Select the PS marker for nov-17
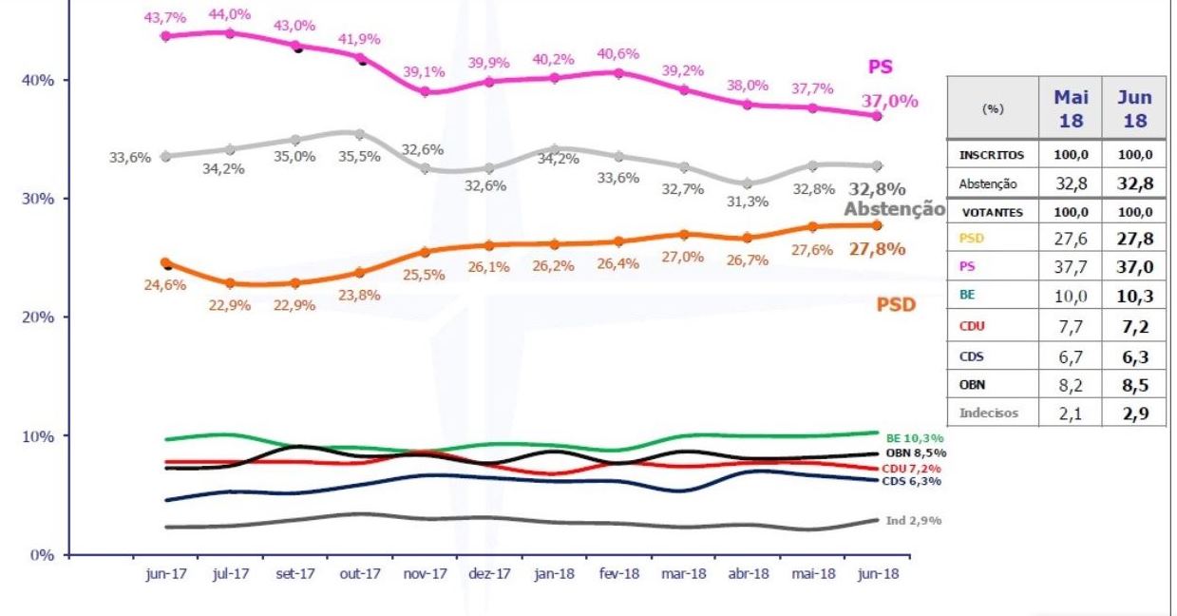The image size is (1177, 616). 425,91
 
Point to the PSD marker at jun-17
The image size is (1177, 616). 165,262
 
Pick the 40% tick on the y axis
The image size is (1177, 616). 38,80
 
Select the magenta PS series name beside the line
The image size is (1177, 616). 881,67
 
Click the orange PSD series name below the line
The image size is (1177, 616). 896,307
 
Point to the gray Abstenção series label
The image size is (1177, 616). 894,210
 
